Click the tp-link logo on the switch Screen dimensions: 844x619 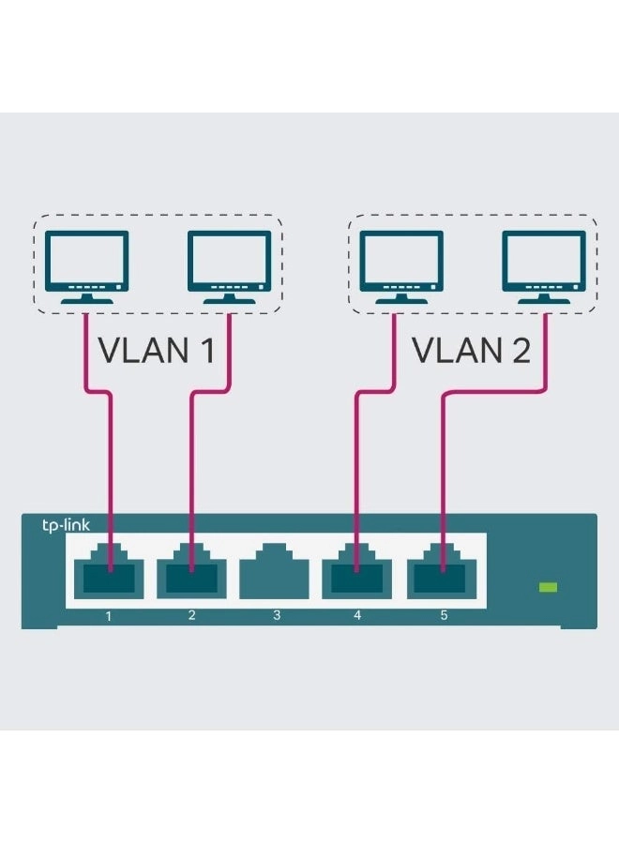click(x=65, y=526)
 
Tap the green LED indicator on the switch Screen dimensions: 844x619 click(x=549, y=587)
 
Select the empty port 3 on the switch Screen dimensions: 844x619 click(x=276, y=571)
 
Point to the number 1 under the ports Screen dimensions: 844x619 click(x=109, y=616)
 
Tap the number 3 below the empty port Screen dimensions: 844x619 click(x=276, y=616)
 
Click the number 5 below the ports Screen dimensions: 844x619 click(x=445, y=616)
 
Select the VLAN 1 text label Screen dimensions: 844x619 click(x=157, y=351)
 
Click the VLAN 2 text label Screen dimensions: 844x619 click(x=472, y=351)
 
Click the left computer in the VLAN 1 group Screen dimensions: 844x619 click(x=87, y=266)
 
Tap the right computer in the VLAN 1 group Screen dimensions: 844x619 click(x=229, y=266)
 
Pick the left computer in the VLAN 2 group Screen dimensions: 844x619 click(x=401, y=266)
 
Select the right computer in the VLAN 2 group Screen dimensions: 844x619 click(x=544, y=266)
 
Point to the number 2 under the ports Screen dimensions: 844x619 click(x=192, y=616)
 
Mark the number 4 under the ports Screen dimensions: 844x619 click(x=357, y=616)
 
